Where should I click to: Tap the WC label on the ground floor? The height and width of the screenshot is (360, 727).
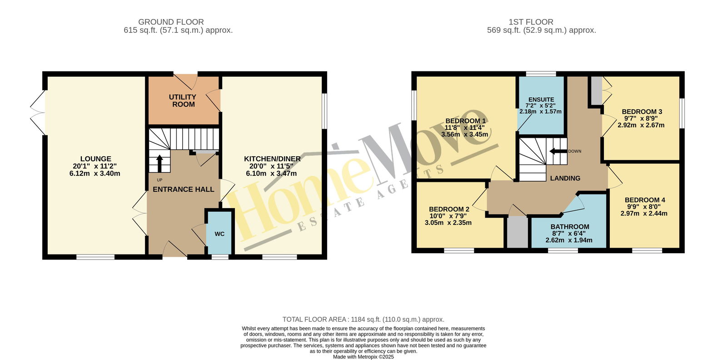[219, 234]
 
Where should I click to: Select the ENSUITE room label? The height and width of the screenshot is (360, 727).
[541, 100]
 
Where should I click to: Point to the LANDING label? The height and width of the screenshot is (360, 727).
[565, 178]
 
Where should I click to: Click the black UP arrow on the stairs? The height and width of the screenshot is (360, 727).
[159, 163]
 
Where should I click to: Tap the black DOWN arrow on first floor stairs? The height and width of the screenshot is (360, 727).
[558, 151]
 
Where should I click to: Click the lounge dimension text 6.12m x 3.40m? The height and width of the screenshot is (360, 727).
[95, 173]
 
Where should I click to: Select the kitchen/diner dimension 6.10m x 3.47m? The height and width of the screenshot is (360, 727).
[271, 173]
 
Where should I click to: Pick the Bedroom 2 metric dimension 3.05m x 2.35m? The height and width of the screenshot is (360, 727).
[448, 223]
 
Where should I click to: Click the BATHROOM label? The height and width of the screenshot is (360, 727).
[570, 226]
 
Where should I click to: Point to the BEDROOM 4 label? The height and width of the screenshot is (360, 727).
[645, 200]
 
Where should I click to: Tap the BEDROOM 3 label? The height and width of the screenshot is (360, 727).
[642, 112]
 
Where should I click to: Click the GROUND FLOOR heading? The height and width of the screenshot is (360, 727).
[171, 22]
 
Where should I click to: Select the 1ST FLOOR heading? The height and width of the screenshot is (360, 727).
[531, 22]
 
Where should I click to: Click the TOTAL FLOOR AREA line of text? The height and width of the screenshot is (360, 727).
[363, 320]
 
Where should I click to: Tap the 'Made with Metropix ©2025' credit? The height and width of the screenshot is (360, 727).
[363, 357]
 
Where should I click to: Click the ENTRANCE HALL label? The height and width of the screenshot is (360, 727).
[184, 189]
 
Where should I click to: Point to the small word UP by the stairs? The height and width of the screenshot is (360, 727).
[159, 180]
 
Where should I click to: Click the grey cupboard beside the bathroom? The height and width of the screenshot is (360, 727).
[518, 232]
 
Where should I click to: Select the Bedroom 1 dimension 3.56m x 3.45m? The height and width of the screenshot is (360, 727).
[464, 135]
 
